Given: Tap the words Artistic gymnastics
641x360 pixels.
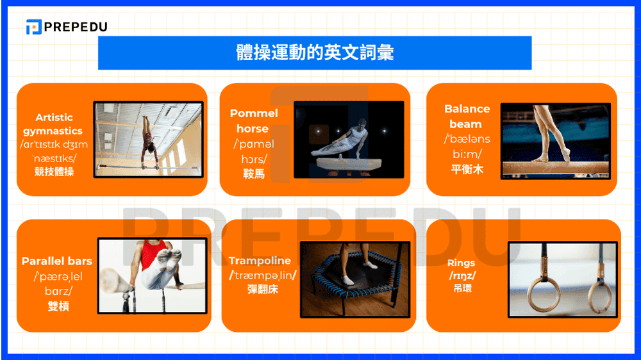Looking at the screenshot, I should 54,124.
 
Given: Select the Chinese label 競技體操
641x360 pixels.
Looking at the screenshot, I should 54,172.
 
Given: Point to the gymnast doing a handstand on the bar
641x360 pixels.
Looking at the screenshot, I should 149,145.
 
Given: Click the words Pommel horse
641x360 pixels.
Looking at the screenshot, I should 254,120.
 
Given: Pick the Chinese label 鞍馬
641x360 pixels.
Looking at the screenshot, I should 254,174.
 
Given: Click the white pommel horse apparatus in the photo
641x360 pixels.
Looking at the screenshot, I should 346,164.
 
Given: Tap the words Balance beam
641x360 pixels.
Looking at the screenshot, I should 467,116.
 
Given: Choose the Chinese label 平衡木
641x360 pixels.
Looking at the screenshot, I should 467,170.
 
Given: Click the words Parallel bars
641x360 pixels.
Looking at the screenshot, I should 57,261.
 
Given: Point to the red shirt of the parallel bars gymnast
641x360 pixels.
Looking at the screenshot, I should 153,254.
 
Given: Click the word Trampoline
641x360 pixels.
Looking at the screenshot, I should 260,261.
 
